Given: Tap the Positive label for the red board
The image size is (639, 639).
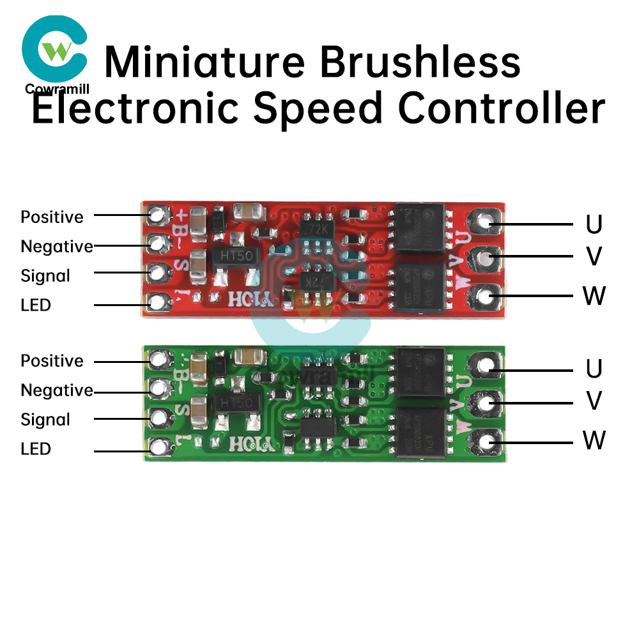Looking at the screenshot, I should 52,217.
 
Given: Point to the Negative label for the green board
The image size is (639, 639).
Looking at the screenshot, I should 57,390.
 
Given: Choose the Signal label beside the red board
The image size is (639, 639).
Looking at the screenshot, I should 45,276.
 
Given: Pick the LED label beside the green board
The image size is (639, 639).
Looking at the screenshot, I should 36,449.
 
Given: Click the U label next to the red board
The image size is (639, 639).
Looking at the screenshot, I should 594,224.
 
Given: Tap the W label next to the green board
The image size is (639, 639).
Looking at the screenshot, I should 594,440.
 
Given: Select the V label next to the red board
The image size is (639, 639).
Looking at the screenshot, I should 594,256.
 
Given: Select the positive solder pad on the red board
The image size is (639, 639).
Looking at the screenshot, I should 157,213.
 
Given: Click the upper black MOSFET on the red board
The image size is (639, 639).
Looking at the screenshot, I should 419,228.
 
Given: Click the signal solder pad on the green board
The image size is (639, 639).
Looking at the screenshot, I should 157,418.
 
